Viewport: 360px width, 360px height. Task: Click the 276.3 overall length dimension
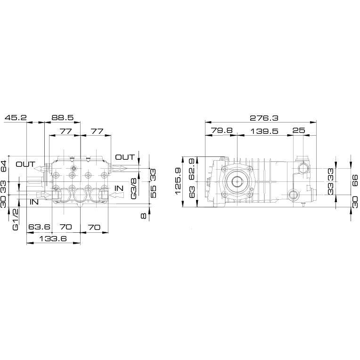pyautogui.click(x=264, y=118)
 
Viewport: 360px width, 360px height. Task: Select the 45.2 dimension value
pyautogui.click(x=16, y=117)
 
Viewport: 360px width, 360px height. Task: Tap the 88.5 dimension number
pyautogui.click(x=63, y=117)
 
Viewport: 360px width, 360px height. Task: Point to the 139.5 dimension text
pyautogui.click(x=264, y=131)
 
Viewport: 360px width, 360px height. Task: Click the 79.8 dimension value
pyautogui.click(x=222, y=131)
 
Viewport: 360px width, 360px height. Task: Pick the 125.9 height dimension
pyautogui.click(x=179, y=181)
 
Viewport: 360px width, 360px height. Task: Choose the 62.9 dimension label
pyautogui.click(x=192, y=169)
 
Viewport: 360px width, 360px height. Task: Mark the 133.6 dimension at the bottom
pyautogui.click(x=53, y=238)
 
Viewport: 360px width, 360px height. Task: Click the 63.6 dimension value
pyautogui.click(x=39, y=227)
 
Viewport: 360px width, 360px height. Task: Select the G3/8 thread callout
pyautogui.click(x=133, y=188)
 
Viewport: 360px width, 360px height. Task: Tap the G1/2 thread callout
pyautogui.click(x=16, y=219)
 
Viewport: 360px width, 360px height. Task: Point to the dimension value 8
pyautogui.click(x=143, y=216)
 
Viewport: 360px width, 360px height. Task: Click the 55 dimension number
pyautogui.click(x=153, y=192)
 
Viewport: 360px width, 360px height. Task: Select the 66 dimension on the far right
pyautogui.click(x=355, y=180)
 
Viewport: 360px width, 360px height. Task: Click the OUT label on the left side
pyautogui.click(x=25, y=164)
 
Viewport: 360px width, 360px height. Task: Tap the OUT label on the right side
pyautogui.click(x=125, y=157)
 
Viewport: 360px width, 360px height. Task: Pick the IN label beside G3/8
pyautogui.click(x=119, y=188)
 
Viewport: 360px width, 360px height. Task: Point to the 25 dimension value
pyautogui.click(x=299, y=131)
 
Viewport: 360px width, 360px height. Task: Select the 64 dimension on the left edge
pyautogui.click(x=4, y=166)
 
